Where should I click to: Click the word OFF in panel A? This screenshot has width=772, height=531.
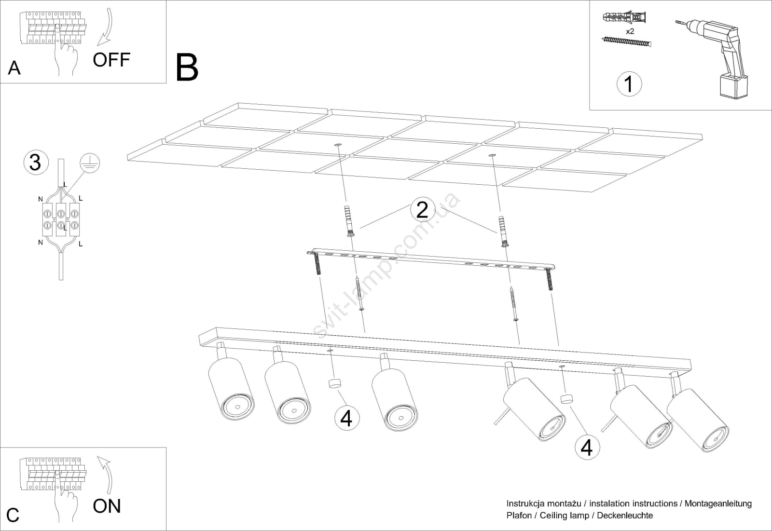111,60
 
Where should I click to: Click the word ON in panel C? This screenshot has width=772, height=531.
107,506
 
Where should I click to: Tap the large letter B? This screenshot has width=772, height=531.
187,68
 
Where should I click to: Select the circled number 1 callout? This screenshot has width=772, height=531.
629,84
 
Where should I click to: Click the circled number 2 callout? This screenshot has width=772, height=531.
422,210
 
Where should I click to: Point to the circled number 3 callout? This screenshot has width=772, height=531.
35,162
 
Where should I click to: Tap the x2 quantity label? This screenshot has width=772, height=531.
630,31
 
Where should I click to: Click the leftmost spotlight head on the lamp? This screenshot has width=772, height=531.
231,388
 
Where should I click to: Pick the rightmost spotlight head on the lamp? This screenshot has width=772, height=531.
698,420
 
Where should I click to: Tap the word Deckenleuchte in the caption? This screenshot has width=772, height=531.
625,516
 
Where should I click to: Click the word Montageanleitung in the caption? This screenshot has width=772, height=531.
718,504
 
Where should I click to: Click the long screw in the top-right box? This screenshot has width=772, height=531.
627,41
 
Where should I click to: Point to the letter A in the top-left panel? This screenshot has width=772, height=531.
14,68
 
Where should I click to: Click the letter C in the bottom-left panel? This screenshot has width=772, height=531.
13,515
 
